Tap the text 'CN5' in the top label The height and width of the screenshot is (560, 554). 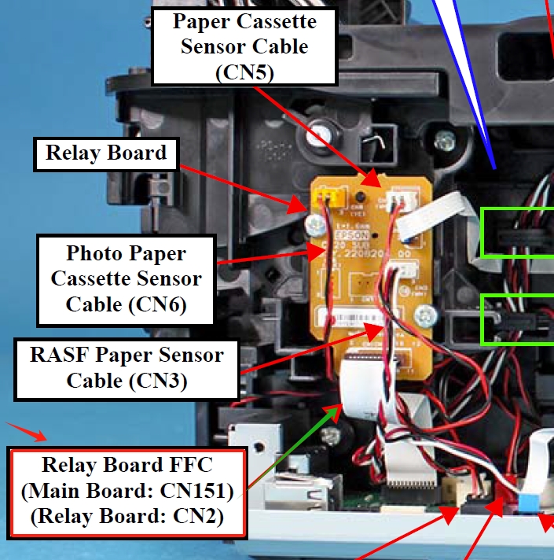click(244, 73)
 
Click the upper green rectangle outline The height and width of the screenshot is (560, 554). click(517, 232)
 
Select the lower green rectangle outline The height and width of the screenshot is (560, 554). click(517, 319)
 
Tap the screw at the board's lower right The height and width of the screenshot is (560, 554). click(424, 316)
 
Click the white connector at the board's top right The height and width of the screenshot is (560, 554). click(405, 203)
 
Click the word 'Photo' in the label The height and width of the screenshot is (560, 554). click(93, 254)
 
